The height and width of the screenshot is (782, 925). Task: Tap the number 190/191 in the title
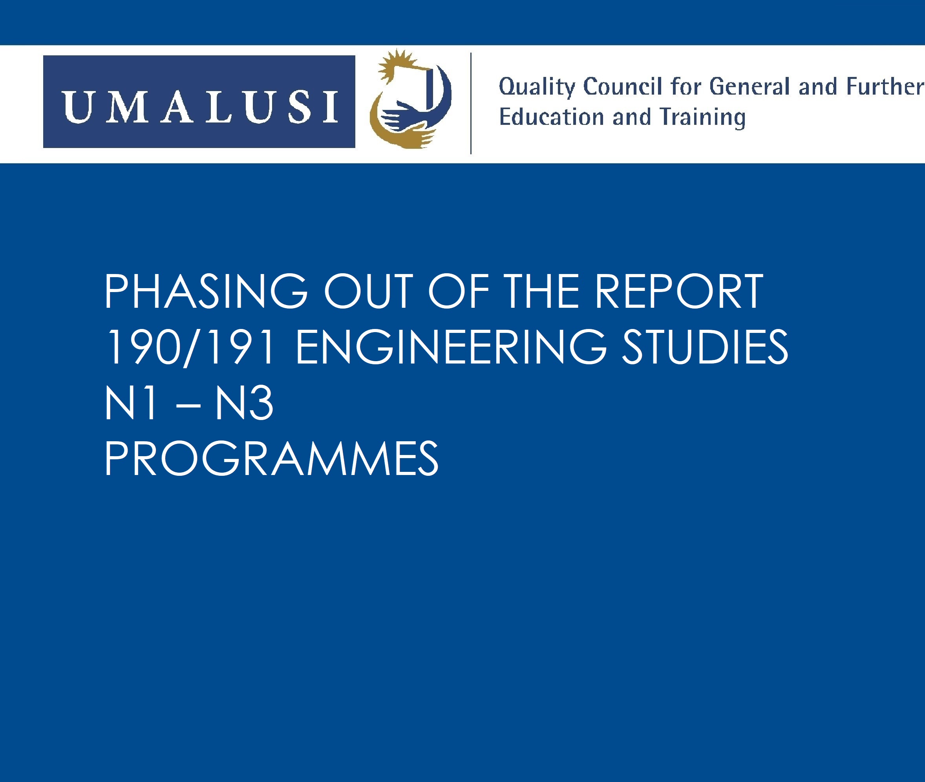point(189,347)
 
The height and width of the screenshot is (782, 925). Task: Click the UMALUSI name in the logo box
point(200,106)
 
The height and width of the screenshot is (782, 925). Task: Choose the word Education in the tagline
point(552,117)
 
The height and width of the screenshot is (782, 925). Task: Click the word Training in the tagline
point(702,118)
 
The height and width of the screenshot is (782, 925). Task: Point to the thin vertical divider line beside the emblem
point(471,103)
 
